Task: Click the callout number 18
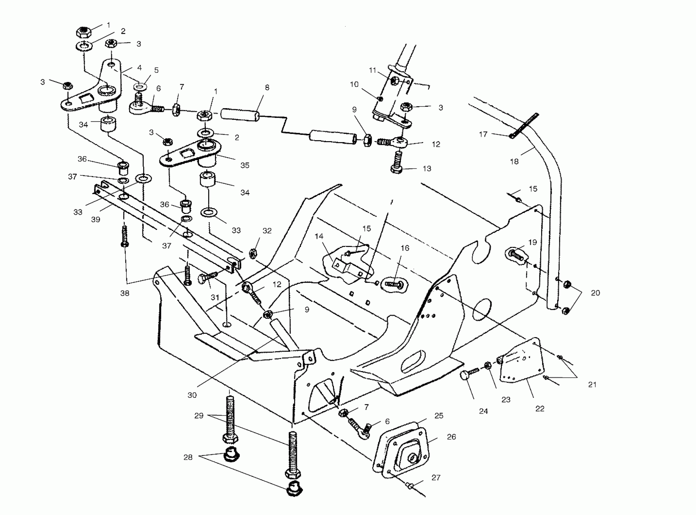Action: point(514,161)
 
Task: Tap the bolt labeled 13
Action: point(397,162)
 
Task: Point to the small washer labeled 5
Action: point(141,85)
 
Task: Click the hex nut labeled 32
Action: point(253,253)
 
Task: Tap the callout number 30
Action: point(192,395)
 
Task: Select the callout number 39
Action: point(96,219)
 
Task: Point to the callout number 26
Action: point(451,437)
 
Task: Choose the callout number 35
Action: point(245,165)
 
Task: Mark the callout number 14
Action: point(319,236)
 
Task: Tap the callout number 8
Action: point(267,88)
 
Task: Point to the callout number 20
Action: point(595,293)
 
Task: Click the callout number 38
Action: point(125,293)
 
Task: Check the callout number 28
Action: point(188,457)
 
